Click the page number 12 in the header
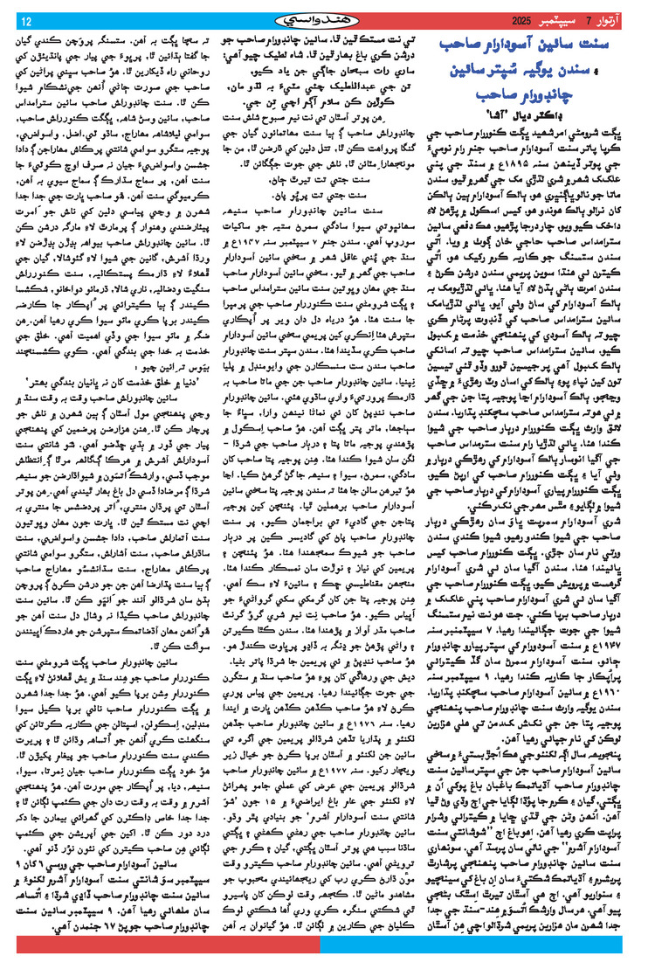point(25,20)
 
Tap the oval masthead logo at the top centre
point(327,19)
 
